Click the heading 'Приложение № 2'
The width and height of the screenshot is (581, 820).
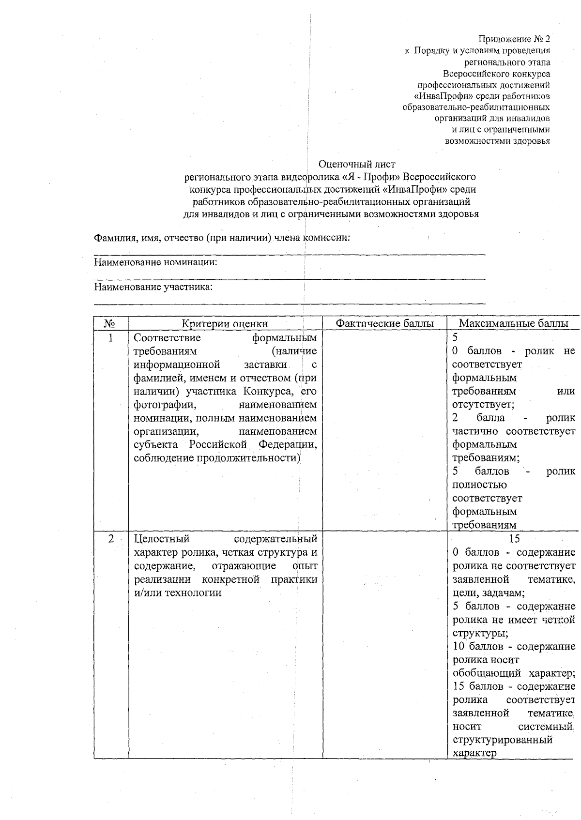tap(514, 39)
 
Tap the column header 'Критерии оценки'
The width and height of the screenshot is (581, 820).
tap(225, 324)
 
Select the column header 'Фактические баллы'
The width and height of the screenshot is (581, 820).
tap(385, 324)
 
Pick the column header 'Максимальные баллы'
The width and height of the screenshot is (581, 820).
tap(513, 324)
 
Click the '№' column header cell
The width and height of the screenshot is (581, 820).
tap(110, 324)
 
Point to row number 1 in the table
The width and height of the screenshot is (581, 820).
tap(110, 337)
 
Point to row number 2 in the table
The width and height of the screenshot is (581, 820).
tap(111, 539)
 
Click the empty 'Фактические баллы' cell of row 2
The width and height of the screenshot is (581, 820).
tap(385, 649)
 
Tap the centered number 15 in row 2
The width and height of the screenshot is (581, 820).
tap(514, 539)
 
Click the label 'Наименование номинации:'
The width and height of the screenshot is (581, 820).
tap(155, 263)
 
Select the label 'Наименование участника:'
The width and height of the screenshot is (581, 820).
tap(153, 288)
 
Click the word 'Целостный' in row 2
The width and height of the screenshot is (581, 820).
tap(162, 539)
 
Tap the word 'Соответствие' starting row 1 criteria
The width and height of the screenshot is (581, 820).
tap(167, 337)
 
